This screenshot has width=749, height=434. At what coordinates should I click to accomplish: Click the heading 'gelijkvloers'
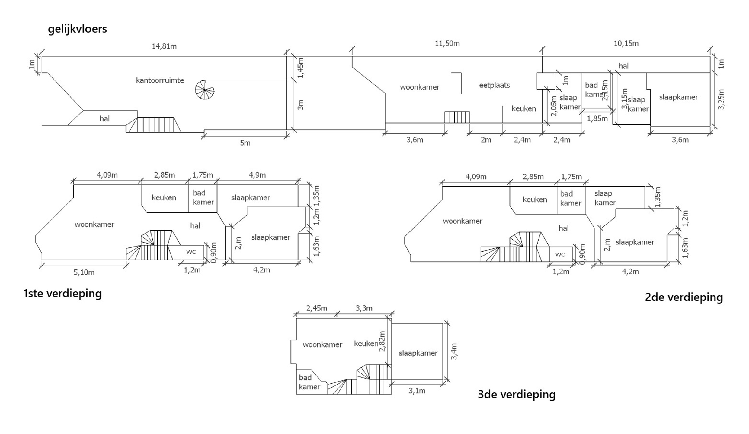(x=77, y=29)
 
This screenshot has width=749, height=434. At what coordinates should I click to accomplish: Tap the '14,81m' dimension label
(x=164, y=46)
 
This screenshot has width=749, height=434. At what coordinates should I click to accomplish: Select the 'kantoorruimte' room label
(x=160, y=80)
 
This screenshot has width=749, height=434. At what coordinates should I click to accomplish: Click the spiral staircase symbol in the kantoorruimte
(x=204, y=90)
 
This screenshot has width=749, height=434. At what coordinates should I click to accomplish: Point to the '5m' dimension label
(x=245, y=143)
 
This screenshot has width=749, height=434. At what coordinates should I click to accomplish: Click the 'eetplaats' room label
(x=494, y=85)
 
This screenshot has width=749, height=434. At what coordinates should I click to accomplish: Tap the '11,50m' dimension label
(x=447, y=43)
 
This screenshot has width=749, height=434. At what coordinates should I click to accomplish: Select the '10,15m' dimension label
(x=626, y=43)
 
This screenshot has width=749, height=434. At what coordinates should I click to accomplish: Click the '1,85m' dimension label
(x=597, y=119)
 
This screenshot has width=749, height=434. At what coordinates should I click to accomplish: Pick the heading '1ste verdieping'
(x=62, y=293)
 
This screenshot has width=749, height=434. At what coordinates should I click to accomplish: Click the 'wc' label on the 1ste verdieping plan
(x=191, y=252)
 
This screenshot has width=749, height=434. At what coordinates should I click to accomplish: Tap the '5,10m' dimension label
(x=84, y=272)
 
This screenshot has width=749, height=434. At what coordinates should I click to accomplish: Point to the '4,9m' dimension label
(x=257, y=175)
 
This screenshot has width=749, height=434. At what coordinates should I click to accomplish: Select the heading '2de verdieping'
(x=684, y=297)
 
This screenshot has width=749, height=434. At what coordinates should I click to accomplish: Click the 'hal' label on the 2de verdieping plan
(x=563, y=228)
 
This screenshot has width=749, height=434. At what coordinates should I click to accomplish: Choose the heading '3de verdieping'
(x=517, y=394)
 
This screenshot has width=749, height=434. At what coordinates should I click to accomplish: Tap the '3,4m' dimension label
(x=454, y=351)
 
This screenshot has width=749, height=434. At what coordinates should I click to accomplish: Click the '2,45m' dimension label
(x=316, y=308)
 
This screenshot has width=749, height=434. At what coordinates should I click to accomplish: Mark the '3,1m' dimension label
(x=417, y=391)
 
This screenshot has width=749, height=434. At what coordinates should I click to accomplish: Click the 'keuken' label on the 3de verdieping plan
(x=366, y=344)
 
